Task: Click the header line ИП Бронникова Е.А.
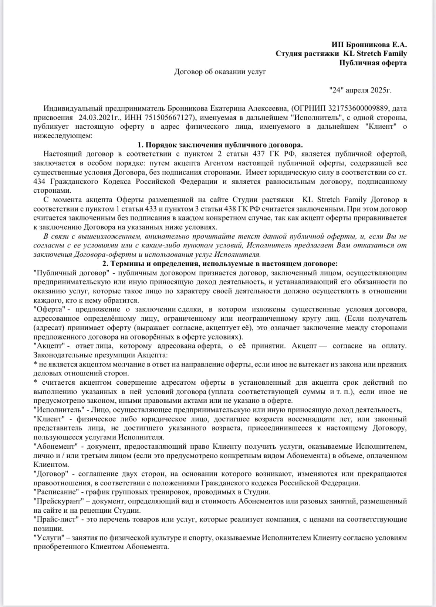(x=369, y=45)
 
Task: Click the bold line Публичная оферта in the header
(x=373, y=63)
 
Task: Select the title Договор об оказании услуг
(x=220, y=72)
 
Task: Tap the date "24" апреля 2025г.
(x=360, y=90)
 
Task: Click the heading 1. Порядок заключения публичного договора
(x=220, y=145)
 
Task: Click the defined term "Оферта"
(x=47, y=309)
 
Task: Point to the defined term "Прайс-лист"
(x=56, y=519)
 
